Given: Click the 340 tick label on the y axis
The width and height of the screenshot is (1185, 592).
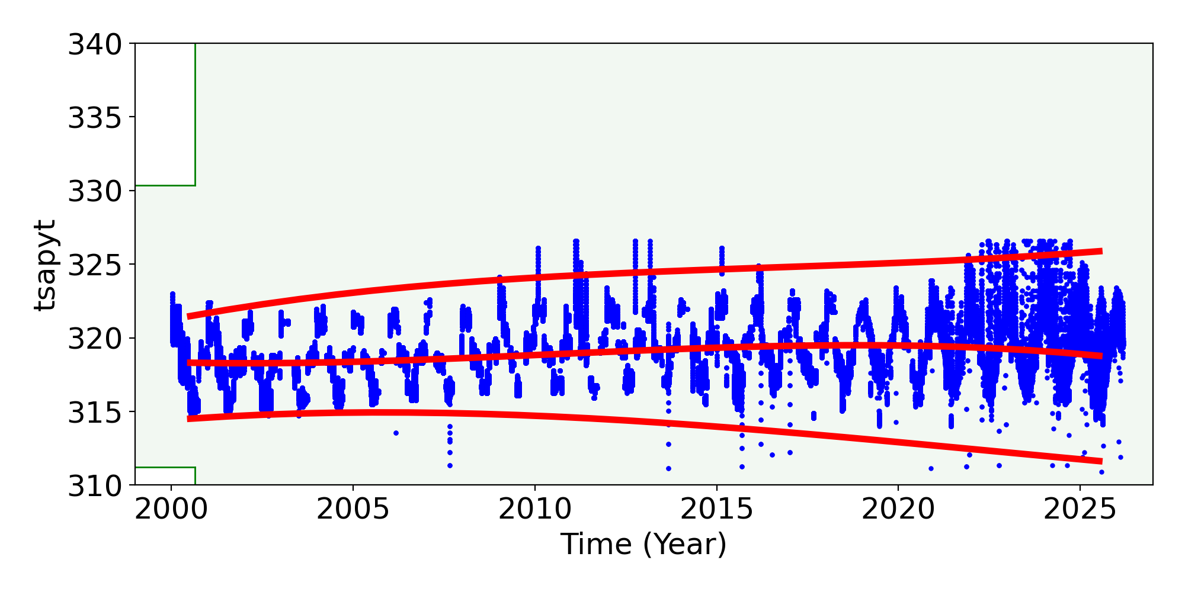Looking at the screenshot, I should coord(95,45).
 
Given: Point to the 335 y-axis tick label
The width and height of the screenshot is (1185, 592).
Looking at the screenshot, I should coord(95,118).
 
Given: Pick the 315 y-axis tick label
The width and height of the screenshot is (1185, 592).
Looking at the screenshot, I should coord(95,413).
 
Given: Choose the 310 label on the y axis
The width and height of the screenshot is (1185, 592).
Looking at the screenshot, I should coord(95,486).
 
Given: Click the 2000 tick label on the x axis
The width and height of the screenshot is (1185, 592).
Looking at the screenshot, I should coord(171,510).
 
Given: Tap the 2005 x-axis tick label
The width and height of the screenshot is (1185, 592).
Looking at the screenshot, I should coord(353,510).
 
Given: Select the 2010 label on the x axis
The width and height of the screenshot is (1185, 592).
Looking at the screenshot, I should coord(534,510).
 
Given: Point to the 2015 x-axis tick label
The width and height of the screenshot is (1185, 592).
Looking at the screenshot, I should coord(716,510).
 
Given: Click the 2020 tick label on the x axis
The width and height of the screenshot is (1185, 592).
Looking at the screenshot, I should coord(898,510).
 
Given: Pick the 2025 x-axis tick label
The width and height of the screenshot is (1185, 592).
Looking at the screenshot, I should coord(1080,510).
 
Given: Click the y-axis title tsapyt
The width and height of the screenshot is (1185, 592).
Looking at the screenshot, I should coord(45,265).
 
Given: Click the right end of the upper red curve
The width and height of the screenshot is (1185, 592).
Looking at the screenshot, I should coord(1100,251).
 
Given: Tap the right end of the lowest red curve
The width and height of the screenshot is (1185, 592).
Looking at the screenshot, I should coord(1100,461).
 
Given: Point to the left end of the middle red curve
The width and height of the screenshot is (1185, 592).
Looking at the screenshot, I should coord(189,363).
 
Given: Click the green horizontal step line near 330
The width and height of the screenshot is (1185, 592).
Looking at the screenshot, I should coord(165,185).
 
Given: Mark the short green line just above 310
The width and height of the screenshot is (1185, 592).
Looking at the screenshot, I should coord(165,468).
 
